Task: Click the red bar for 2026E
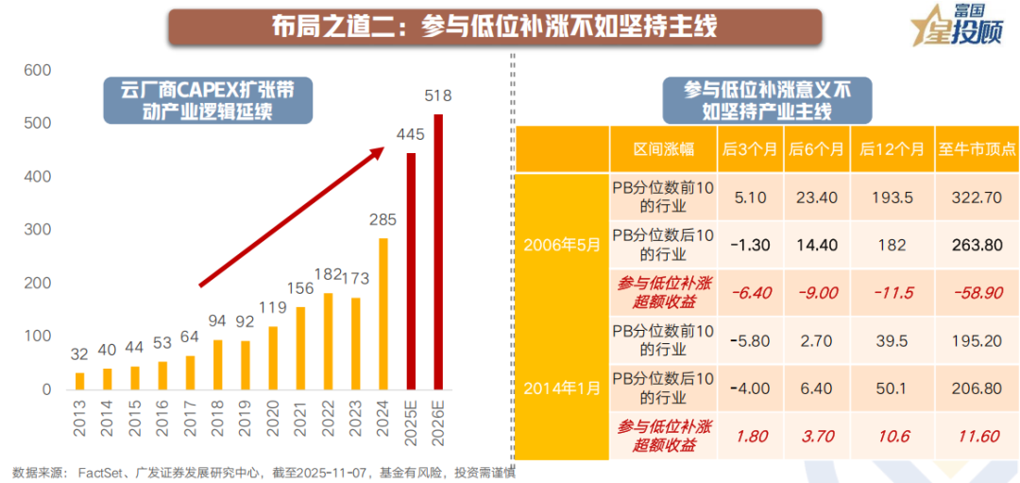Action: (438, 251)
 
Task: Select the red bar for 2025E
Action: (411, 271)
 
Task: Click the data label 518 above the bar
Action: (438, 96)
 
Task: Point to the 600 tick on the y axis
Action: (38, 71)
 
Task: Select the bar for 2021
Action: (300, 348)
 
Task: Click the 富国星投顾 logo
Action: (953, 26)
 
